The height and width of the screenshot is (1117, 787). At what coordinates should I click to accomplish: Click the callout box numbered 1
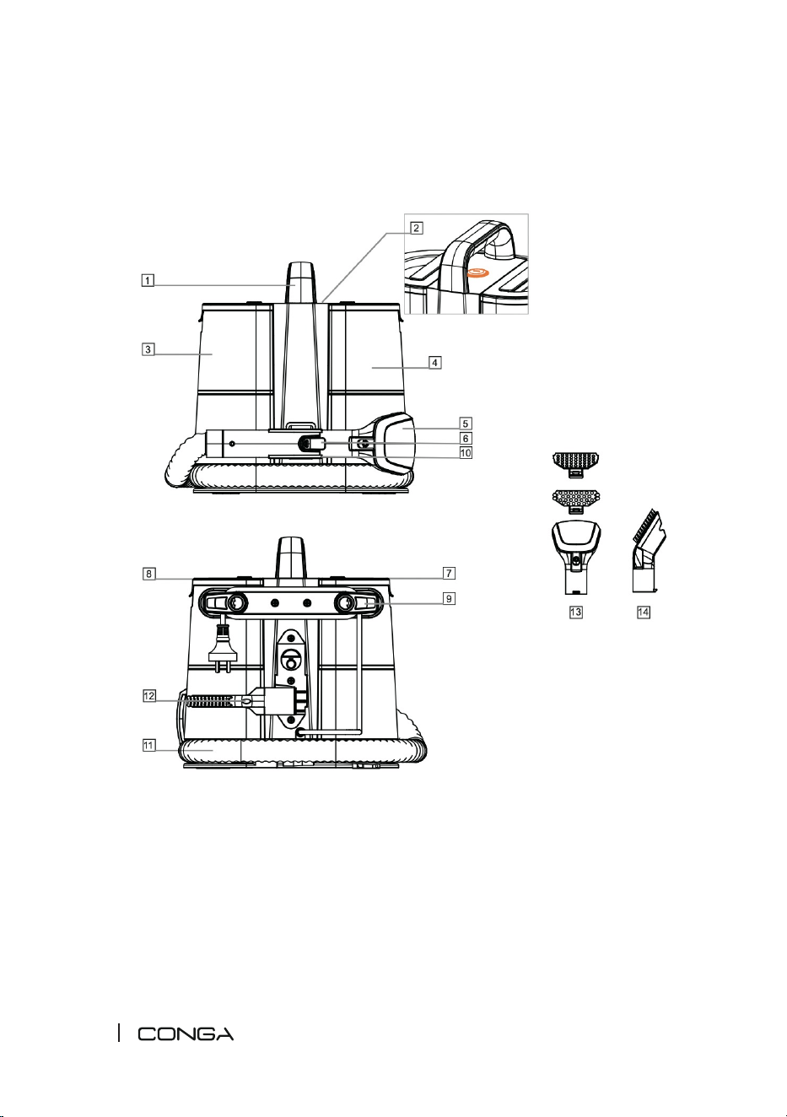tap(147, 280)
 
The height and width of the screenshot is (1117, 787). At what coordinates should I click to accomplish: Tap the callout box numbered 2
tap(417, 228)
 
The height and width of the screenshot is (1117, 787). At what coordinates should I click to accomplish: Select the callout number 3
tap(147, 349)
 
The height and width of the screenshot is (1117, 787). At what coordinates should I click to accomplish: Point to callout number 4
tap(435, 363)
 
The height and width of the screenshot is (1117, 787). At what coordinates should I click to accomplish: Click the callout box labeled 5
tap(466, 424)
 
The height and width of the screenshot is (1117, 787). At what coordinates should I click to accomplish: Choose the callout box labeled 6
tap(466, 439)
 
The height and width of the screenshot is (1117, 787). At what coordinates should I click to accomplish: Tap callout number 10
tap(466, 453)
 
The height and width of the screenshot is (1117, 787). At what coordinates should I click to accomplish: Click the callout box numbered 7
tap(449, 573)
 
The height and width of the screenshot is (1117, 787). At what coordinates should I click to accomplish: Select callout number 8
tap(148, 574)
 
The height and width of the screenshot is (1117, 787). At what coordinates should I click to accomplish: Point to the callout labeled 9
tap(449, 598)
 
